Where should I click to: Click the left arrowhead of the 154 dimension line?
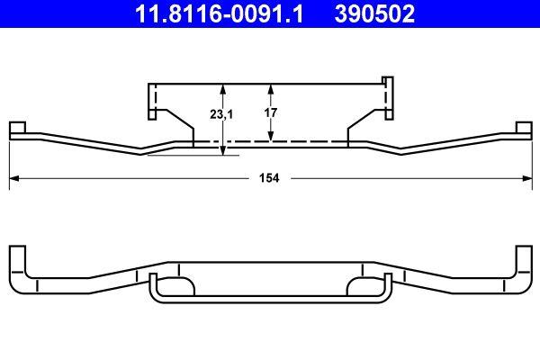[x=13, y=178]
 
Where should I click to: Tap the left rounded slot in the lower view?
[x=176, y=287]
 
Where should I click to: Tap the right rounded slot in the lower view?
[x=364, y=287]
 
